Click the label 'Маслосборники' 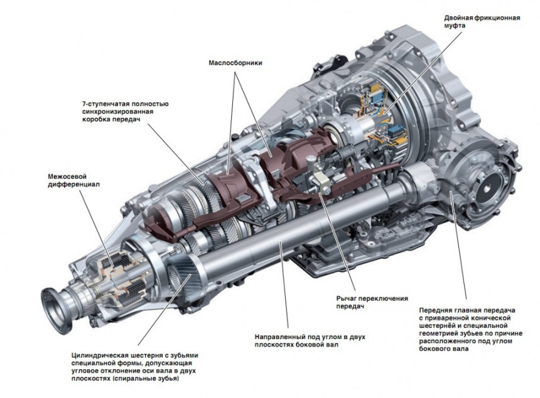pos(235,63)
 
